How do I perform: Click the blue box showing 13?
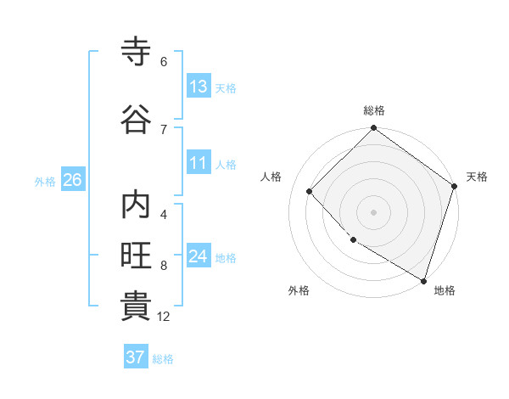(x=198, y=87)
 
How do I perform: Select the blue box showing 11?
(x=198, y=163)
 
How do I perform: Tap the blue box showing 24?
(x=198, y=256)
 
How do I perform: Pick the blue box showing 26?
(x=72, y=180)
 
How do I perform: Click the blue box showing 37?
(x=135, y=357)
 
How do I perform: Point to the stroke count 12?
(x=164, y=317)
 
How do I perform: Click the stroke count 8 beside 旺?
(x=164, y=266)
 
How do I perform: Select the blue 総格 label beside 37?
(x=164, y=359)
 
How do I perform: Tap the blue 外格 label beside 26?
(x=45, y=181)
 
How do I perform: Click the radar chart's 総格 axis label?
(x=374, y=110)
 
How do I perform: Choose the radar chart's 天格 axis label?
(x=477, y=177)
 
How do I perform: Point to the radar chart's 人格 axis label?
(x=271, y=177)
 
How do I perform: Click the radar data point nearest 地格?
(x=423, y=279)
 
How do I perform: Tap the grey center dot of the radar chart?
(x=374, y=211)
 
